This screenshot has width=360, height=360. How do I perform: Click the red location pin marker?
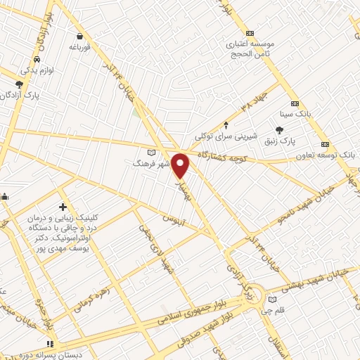tap(181, 165)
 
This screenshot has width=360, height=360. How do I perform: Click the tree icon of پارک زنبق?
tap(280, 130)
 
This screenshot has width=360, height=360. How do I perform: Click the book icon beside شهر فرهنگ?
tap(150, 152)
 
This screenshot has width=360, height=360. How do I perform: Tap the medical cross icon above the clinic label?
tap(63, 207)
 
